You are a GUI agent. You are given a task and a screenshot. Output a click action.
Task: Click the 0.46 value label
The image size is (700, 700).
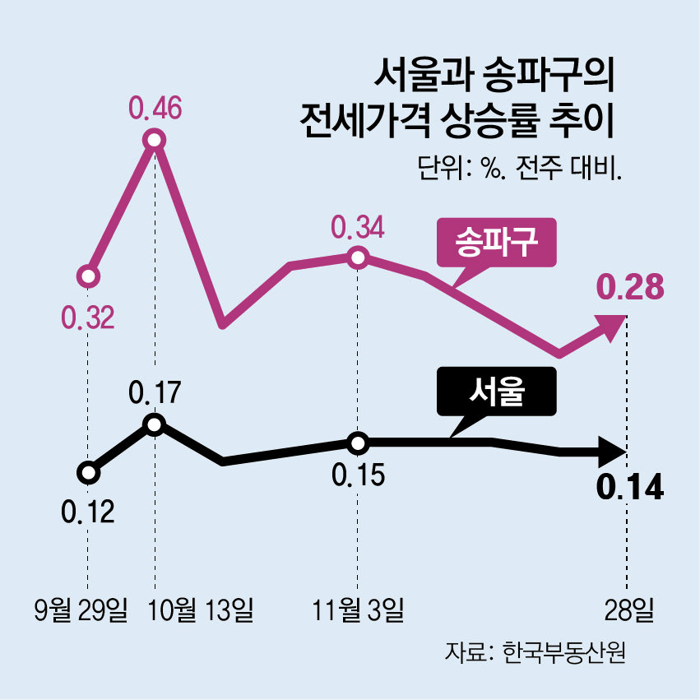(155, 109)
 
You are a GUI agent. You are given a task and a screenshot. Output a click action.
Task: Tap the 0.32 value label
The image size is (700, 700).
(87, 317)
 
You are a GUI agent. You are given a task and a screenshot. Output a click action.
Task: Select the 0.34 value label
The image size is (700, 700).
(357, 226)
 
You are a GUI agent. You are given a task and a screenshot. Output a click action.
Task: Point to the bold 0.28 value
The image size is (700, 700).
(629, 288)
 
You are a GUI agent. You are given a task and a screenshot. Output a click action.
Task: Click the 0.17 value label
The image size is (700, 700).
(155, 394)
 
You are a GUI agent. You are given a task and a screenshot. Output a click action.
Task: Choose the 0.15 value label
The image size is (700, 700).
(357, 475)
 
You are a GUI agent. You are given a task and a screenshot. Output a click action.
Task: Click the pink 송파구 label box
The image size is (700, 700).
(497, 243)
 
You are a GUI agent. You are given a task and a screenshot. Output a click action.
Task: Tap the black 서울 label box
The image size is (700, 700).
(497, 391)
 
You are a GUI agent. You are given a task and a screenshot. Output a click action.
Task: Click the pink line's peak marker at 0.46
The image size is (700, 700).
(154, 140)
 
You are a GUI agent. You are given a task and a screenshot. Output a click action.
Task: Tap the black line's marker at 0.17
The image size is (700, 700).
(154, 424)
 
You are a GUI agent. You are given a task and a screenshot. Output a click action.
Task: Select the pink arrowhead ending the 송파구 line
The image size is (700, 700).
(612, 326)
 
